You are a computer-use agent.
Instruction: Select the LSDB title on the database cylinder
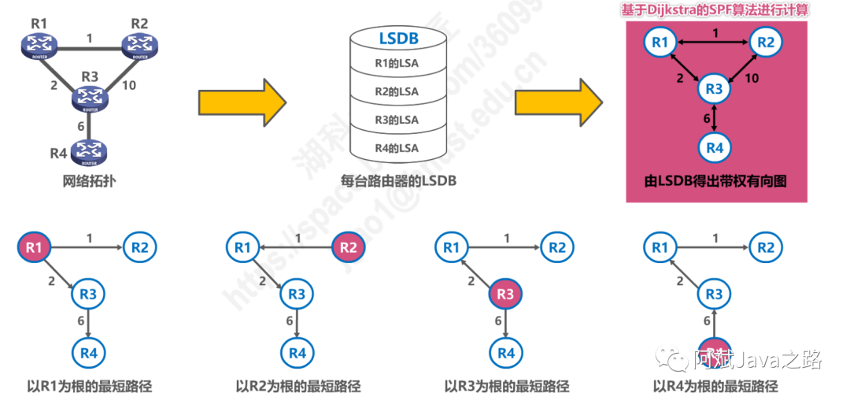(398, 38)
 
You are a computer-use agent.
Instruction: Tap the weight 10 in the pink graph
(752, 77)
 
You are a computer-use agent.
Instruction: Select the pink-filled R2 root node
(349, 248)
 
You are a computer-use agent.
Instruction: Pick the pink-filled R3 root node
(505, 295)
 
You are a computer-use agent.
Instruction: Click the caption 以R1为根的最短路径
(89, 386)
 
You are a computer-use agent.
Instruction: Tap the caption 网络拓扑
(88, 180)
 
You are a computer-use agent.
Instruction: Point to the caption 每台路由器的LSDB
(398, 181)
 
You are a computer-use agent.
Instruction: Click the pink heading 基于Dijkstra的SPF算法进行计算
(715, 9)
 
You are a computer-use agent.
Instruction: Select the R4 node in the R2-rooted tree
(297, 352)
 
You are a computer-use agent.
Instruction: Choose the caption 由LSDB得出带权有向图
(715, 181)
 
